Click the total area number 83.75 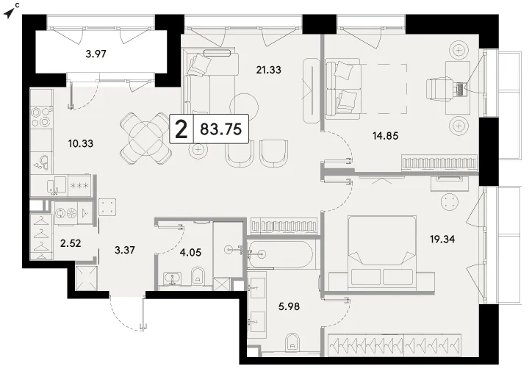pos(221,129)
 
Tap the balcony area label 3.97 pos(96,54)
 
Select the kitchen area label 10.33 pos(80,143)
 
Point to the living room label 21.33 pos(268,70)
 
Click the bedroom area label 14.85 pos(386,136)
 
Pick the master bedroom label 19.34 pos(442,240)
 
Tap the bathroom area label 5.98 pos(289,306)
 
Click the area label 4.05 pos(190,252)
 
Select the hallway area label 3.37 pos(125,250)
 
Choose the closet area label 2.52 pos(71,243)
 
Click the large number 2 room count pos(181,129)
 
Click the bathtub pos(280,253)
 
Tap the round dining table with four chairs pos(146,138)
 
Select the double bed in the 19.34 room pos(381,253)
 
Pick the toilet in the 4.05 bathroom pos(197,276)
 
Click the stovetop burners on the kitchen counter pos(41,116)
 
